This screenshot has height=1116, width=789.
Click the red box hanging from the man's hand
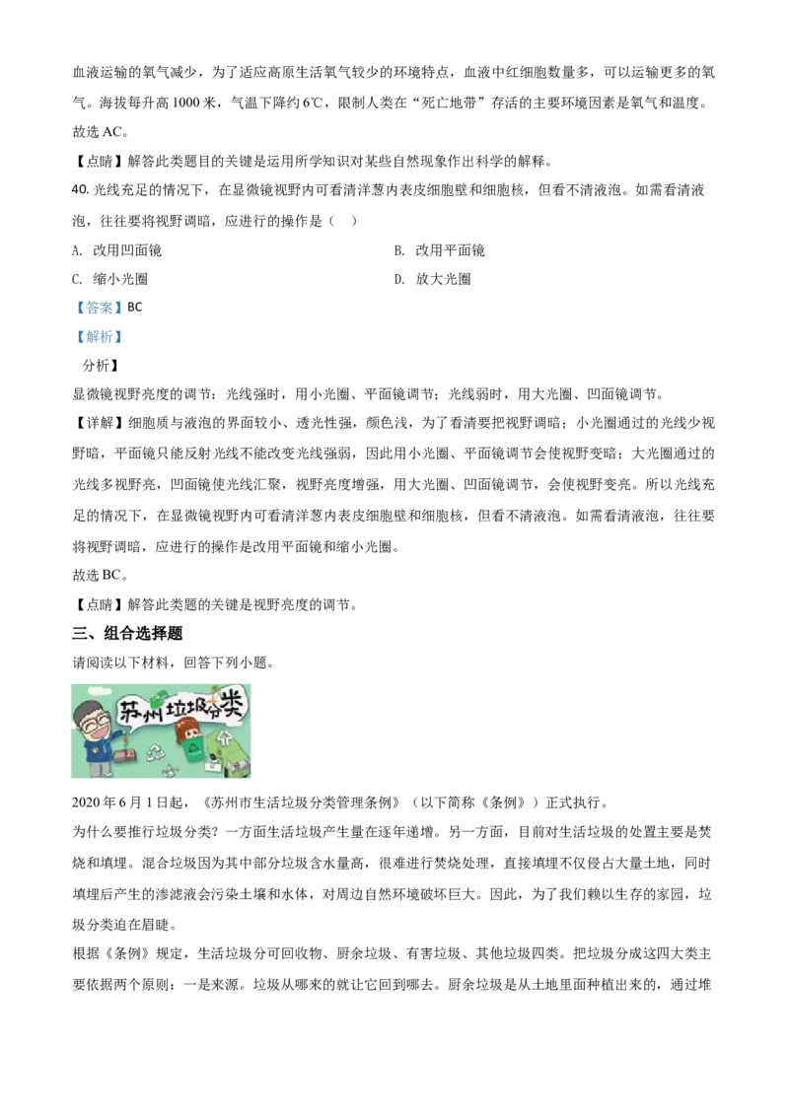pos(123,755)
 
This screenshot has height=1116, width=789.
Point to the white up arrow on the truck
pos(223,737)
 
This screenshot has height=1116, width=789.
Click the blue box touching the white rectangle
pos(99,336)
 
